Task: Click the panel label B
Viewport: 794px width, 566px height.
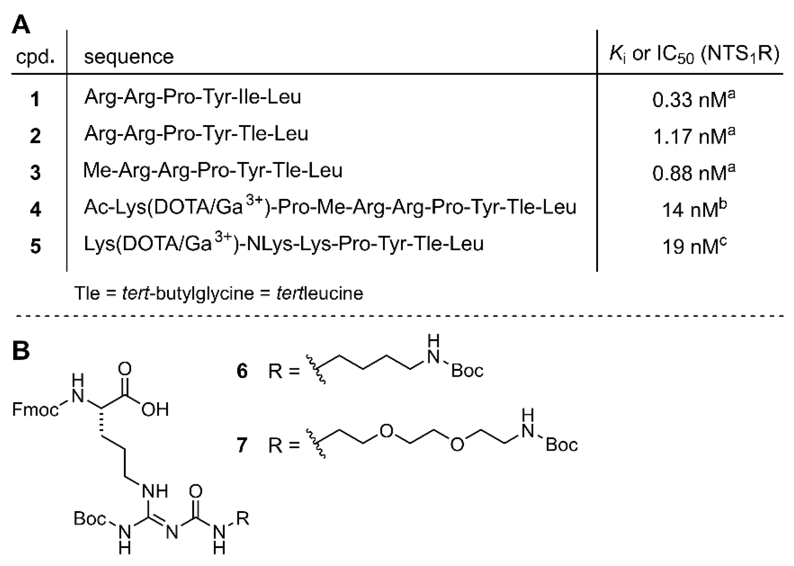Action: (x=20, y=350)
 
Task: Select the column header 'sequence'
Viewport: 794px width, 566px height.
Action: (x=129, y=56)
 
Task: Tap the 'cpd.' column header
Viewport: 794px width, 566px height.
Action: (x=35, y=57)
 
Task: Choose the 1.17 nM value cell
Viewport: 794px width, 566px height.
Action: (x=694, y=135)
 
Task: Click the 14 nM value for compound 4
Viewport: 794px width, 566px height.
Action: (x=694, y=209)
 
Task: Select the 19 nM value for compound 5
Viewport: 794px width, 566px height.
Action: (x=694, y=246)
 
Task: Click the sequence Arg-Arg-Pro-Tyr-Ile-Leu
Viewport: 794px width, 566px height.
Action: (x=193, y=97)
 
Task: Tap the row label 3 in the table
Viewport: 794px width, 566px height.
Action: (x=35, y=172)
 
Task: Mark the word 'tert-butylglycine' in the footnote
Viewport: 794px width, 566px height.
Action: (x=188, y=293)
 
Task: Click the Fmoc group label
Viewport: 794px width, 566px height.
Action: (x=35, y=409)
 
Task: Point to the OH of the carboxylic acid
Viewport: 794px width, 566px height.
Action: (x=155, y=409)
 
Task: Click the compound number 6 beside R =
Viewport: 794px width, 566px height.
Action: (x=242, y=371)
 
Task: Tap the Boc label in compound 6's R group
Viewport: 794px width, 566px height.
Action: (x=467, y=371)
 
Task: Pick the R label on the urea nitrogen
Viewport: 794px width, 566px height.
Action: (x=243, y=518)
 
